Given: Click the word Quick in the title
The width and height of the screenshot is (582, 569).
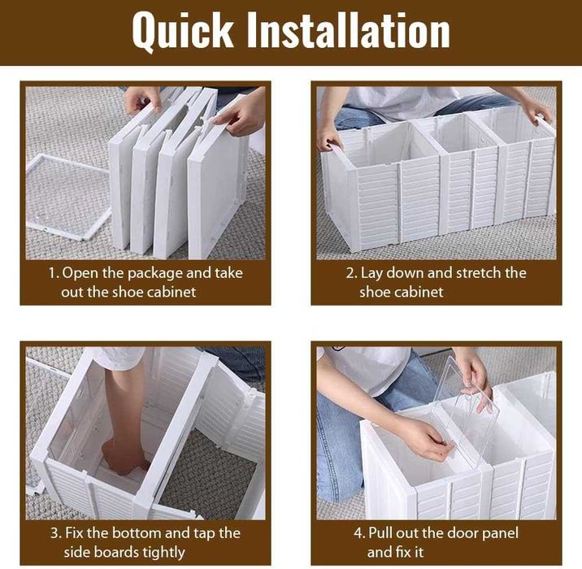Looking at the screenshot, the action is tap(183, 31).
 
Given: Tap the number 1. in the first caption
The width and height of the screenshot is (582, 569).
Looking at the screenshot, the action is tap(54, 273).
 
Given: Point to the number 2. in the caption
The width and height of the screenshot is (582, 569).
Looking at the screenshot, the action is tap(352, 273).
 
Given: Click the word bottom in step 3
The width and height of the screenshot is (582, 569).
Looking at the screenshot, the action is tap(137, 533).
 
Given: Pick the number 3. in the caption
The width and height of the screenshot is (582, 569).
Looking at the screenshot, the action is tap(56, 533).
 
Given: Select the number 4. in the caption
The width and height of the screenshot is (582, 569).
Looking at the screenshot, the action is tap(359, 533).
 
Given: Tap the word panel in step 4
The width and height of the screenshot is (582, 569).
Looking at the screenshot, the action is tap(500, 534).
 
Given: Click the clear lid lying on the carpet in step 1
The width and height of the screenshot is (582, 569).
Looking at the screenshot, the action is tap(68, 197).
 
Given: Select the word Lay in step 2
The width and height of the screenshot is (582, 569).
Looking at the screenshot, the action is tap(371, 274).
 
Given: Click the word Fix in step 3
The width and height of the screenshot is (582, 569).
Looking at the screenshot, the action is tap(75, 533).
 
